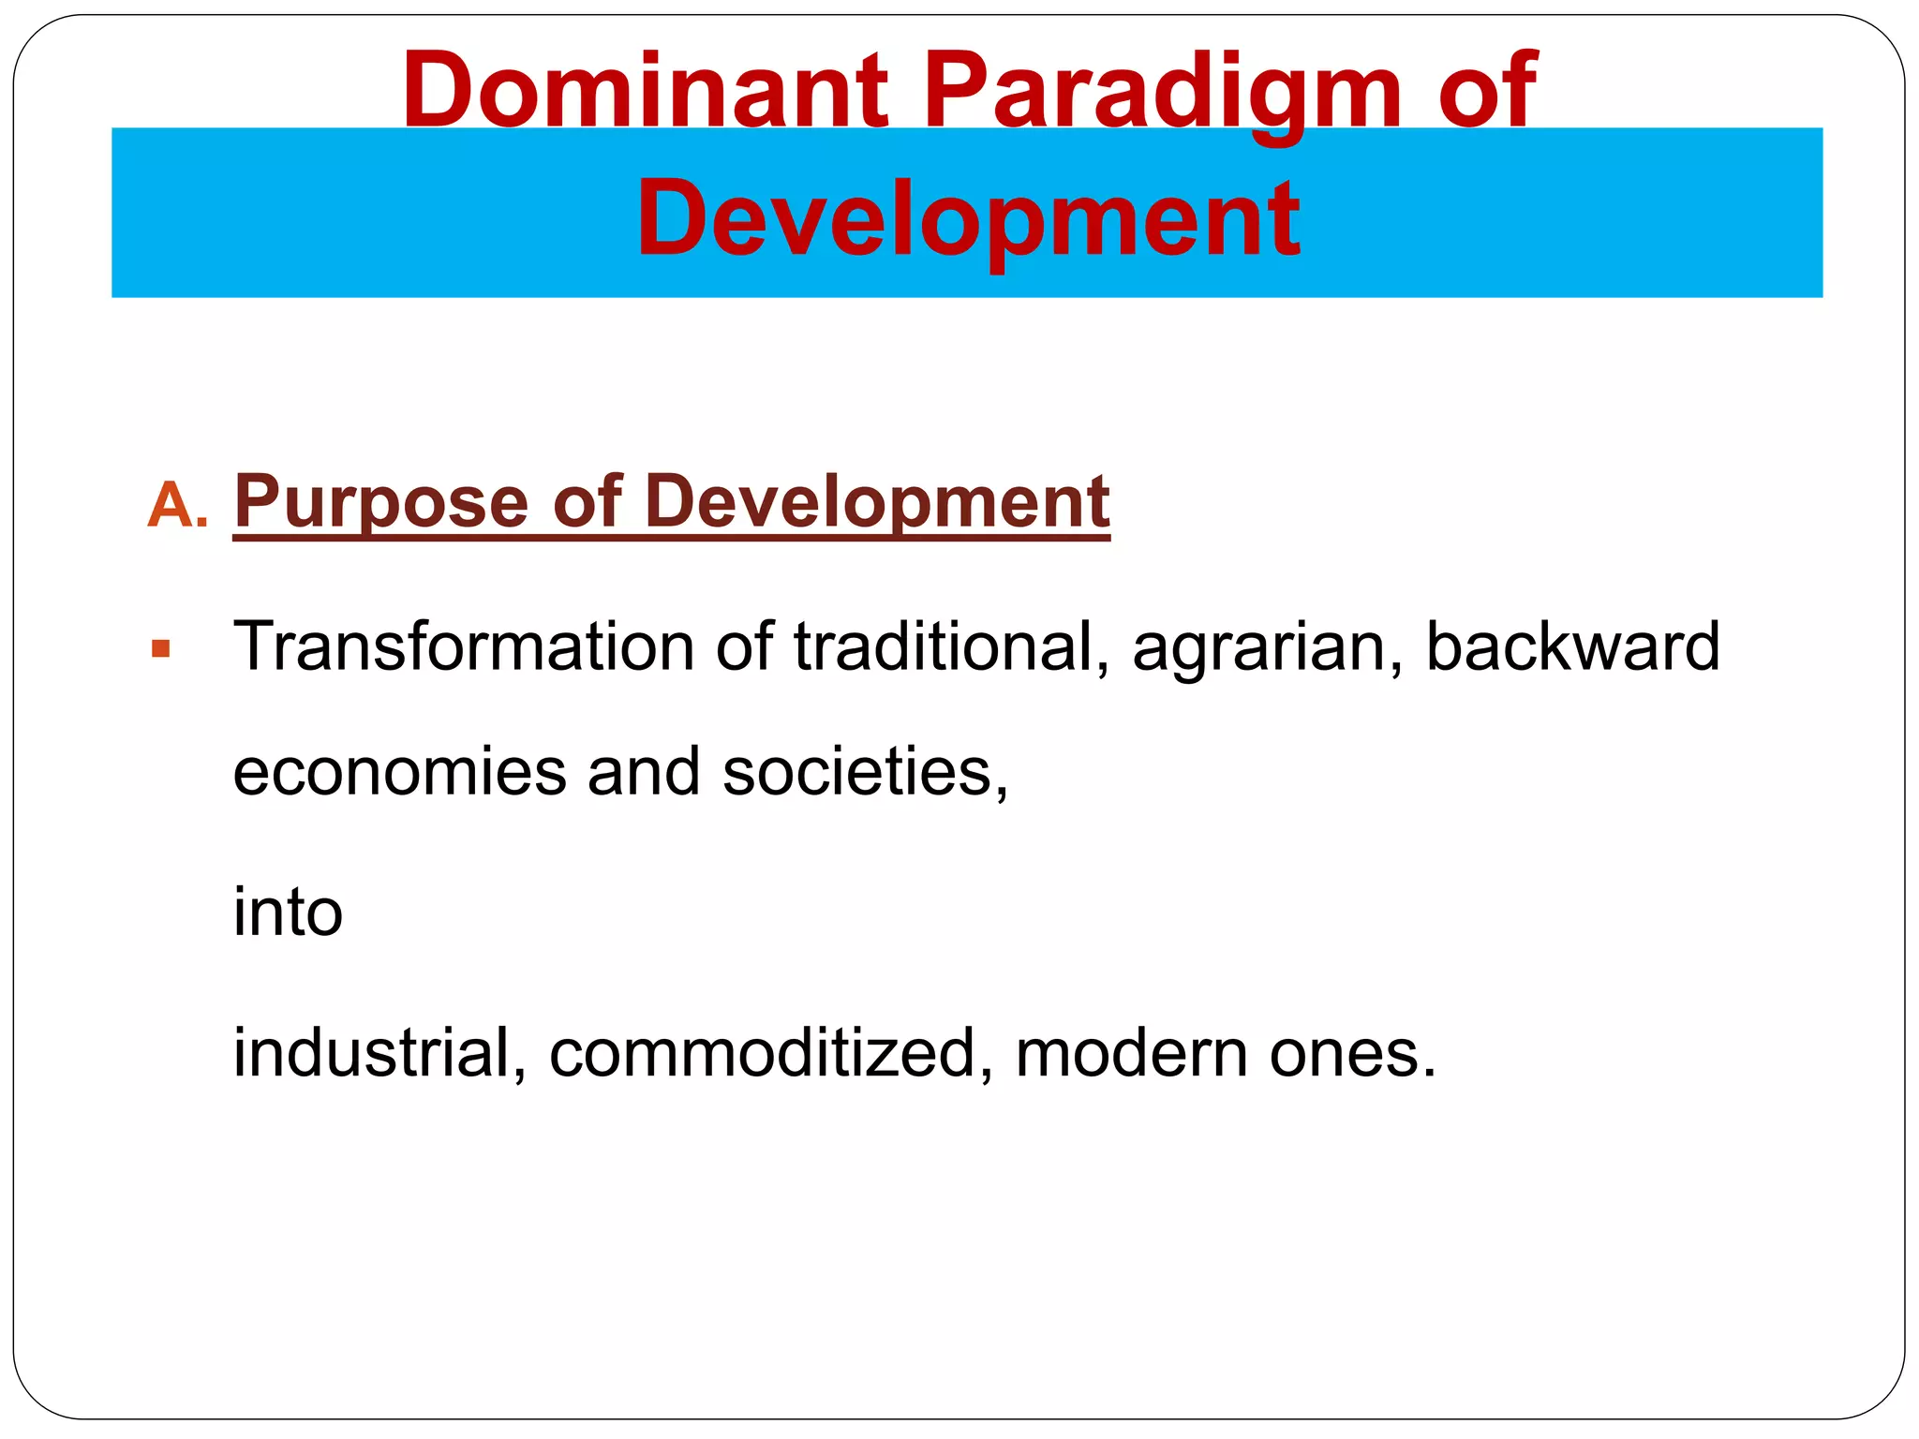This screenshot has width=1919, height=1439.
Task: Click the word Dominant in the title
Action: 645,91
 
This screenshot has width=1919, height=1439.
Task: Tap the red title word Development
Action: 968,219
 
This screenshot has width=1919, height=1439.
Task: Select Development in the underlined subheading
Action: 877,503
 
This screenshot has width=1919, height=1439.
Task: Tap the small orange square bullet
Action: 160,648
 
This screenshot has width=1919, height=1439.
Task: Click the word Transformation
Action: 463,646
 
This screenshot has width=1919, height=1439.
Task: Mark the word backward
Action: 1572,646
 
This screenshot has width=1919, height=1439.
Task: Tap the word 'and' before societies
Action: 644,772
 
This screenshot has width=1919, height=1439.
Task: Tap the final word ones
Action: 1350,1054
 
